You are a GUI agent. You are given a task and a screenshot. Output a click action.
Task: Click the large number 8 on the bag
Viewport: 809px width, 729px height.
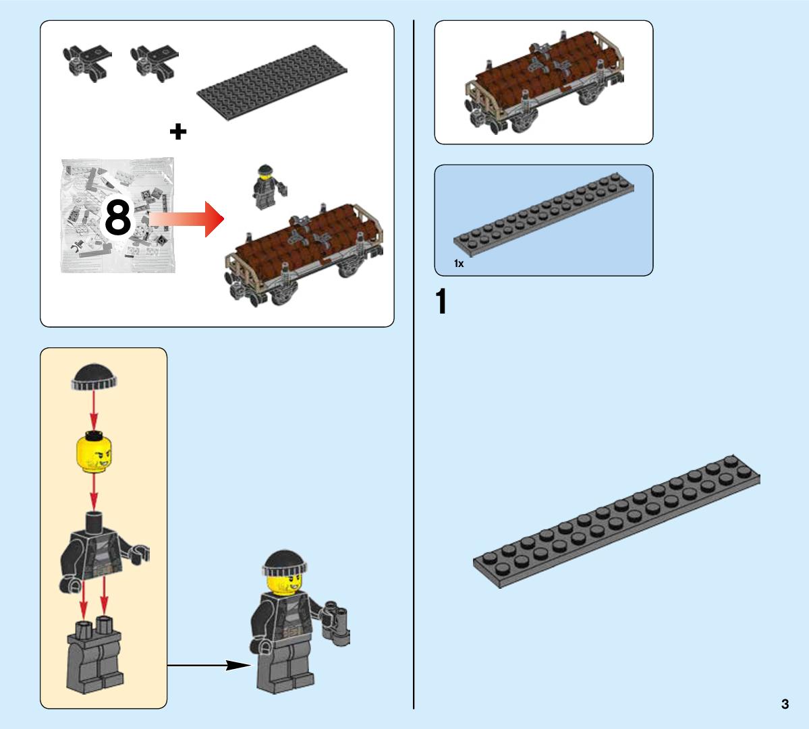[x=117, y=218]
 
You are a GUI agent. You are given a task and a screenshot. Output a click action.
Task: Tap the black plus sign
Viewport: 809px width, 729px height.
[x=178, y=132]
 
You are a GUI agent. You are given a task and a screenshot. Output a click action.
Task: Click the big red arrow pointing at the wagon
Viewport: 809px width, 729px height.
[x=188, y=219]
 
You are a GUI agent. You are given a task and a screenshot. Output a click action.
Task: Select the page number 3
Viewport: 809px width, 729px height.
[x=785, y=704]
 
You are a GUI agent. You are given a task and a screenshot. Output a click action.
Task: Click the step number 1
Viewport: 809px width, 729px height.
[x=441, y=301]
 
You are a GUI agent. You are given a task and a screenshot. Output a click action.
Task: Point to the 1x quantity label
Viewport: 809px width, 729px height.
[x=459, y=264]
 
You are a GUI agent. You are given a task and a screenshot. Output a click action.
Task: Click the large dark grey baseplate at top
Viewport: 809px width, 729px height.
[x=272, y=82]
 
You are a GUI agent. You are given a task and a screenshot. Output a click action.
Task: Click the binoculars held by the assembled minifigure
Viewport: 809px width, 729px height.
[x=336, y=623]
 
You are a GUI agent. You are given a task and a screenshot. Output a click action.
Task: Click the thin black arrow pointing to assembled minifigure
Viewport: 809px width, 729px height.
[x=209, y=665]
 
